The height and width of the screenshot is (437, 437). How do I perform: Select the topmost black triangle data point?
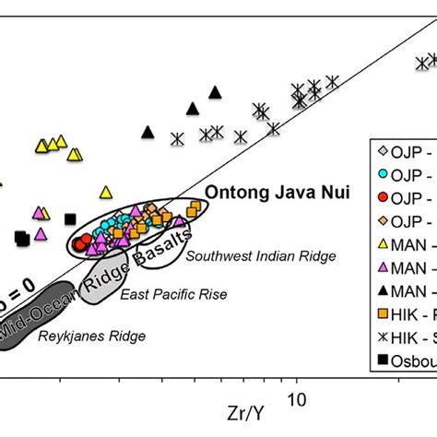215,92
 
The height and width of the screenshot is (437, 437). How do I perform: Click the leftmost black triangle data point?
148,133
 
